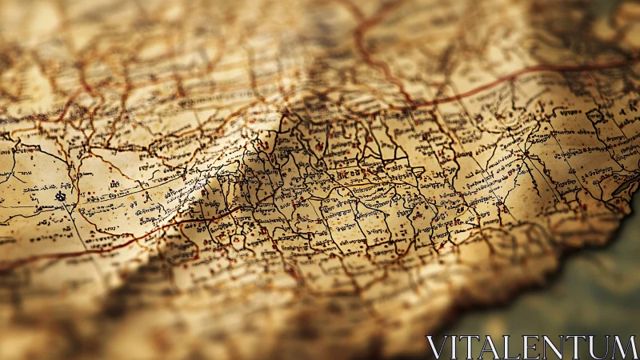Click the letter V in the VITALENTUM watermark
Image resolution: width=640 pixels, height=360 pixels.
pos(437,347)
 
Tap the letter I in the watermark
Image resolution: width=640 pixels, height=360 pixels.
pos(454,347)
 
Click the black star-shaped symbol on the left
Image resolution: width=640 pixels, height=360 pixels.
pos(61,195)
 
